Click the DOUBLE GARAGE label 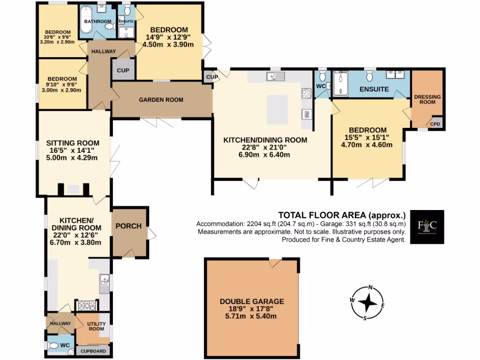(252, 301)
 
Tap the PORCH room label (128, 226)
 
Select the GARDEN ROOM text (161, 100)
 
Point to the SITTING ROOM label (73, 143)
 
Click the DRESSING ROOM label (427, 99)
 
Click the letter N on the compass (370, 288)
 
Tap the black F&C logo (427, 227)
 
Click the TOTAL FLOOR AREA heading (342, 215)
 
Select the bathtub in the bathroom (88, 16)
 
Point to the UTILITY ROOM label (96, 326)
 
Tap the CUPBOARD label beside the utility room (94, 351)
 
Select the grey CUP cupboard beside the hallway (123, 70)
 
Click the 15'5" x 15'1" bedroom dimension (368, 137)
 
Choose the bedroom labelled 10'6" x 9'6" (58, 37)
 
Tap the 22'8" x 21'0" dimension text (265, 147)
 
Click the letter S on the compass (364, 318)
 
